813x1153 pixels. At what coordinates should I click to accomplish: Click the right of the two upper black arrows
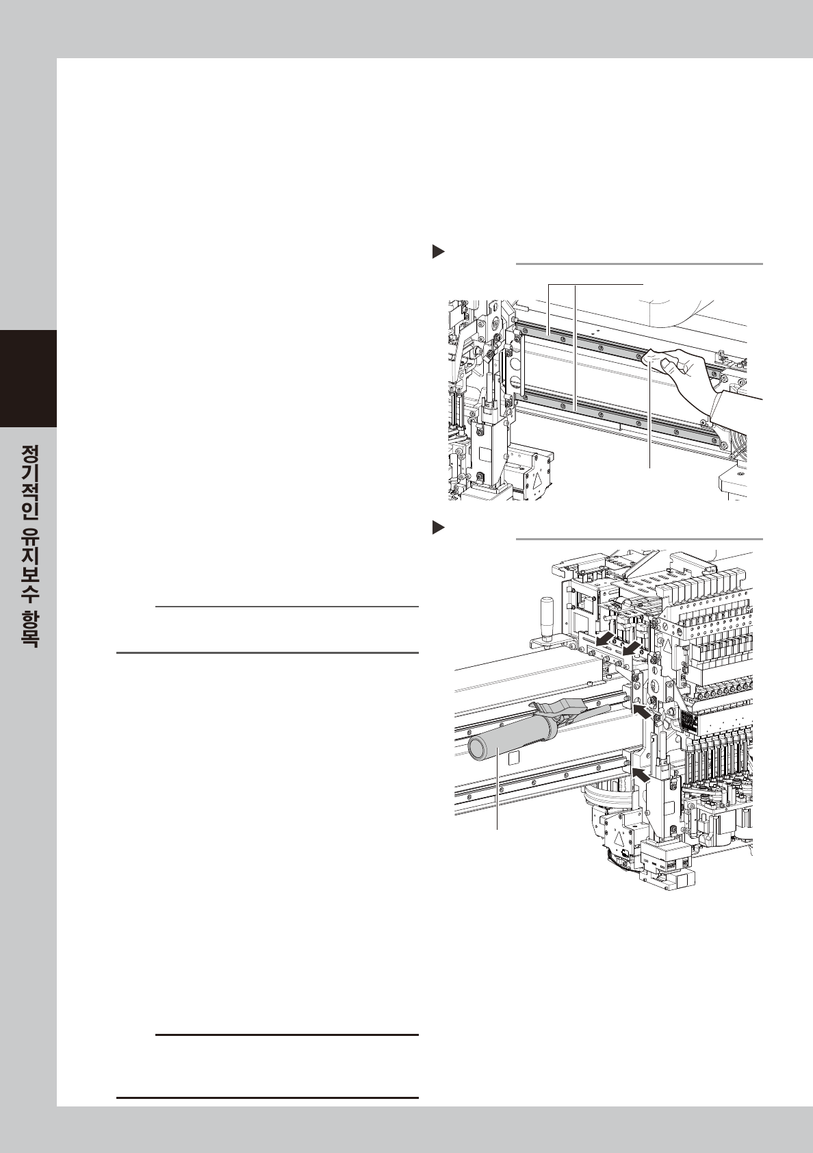pos(633,646)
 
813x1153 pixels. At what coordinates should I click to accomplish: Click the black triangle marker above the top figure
pos(438,252)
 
